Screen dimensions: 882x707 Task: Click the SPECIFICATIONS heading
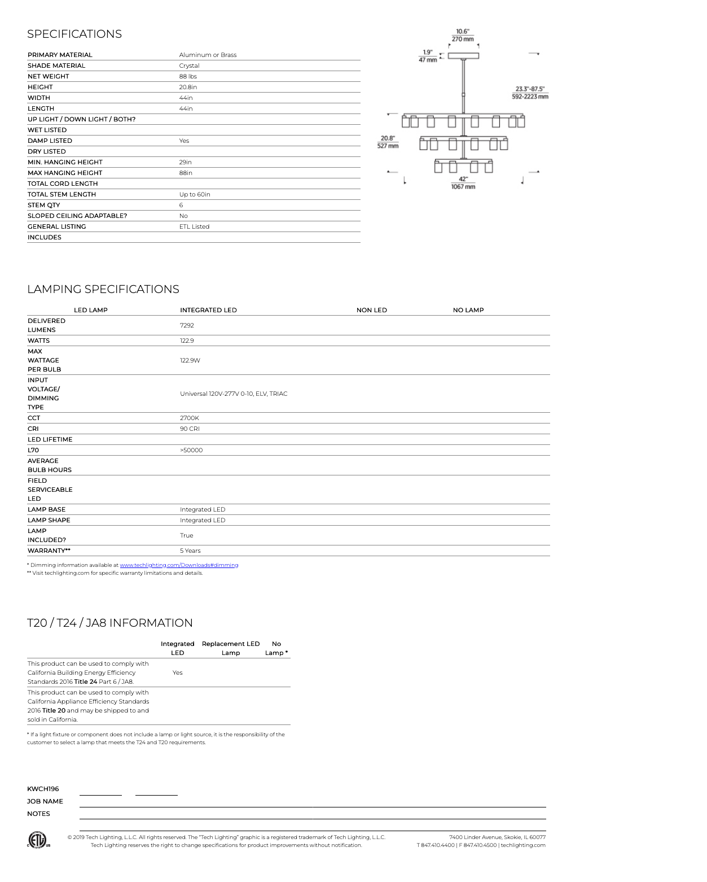(74, 34)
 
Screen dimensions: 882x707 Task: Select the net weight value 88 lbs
(188, 76)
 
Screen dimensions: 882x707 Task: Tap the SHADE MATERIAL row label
(56, 66)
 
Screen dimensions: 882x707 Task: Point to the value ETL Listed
(194, 226)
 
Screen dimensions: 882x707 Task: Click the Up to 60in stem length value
(195, 194)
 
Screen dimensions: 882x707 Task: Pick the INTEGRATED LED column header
(208, 310)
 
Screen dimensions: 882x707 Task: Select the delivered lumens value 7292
(187, 325)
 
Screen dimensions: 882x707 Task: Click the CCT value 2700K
(190, 418)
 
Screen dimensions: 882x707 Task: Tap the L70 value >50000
(191, 450)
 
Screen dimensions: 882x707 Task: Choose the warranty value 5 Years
(190, 551)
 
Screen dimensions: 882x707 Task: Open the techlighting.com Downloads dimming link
(179, 565)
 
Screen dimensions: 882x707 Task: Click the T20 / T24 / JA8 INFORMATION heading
(110, 623)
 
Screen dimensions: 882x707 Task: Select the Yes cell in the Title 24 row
(177, 673)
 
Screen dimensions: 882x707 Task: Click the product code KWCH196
(43, 789)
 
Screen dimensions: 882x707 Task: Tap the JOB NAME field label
(45, 801)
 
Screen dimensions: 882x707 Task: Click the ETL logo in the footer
(38, 840)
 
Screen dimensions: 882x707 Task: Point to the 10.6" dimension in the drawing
(463, 32)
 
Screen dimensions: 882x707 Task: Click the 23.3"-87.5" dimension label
(530, 89)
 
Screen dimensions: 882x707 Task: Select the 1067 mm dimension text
(463, 187)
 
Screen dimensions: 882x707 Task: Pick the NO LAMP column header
(468, 310)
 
